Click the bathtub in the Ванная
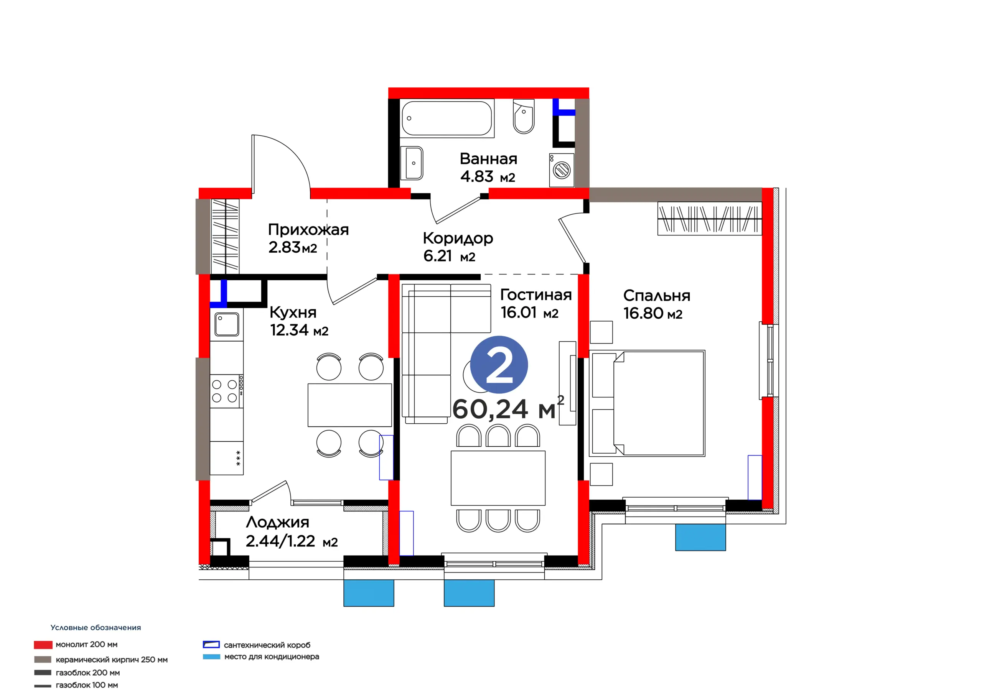447,118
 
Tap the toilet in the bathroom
524,116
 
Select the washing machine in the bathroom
562,170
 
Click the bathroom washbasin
412,163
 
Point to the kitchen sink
227,324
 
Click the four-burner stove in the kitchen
227,391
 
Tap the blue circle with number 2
499,365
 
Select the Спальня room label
656,296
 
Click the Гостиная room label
536,294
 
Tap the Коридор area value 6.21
438,256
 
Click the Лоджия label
278,523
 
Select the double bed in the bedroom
647,403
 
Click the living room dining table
498,478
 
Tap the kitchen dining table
350,405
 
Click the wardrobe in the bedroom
710,219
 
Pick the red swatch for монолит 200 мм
43,645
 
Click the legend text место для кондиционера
272,656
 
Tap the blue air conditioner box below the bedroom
700,537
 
